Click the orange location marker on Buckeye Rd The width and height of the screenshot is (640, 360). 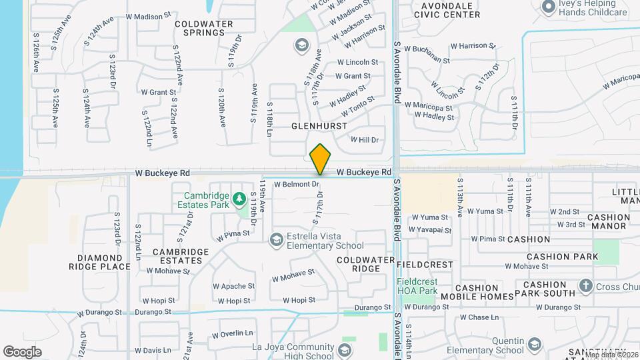(x=320, y=159)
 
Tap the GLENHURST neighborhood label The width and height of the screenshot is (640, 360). (x=319, y=126)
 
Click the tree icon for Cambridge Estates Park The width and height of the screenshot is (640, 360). (x=238, y=199)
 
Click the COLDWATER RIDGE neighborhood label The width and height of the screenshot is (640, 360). (x=359, y=264)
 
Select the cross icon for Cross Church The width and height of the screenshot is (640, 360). (x=586, y=286)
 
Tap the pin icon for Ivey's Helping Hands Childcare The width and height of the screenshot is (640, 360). (x=549, y=7)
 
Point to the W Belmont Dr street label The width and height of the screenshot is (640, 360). (x=297, y=184)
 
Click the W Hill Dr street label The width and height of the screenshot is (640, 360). (x=365, y=140)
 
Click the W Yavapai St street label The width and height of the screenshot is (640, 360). (x=430, y=230)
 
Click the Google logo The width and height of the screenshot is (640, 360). (x=22, y=351)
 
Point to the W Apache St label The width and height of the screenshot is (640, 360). (x=230, y=286)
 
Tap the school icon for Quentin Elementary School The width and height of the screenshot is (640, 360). (x=533, y=344)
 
